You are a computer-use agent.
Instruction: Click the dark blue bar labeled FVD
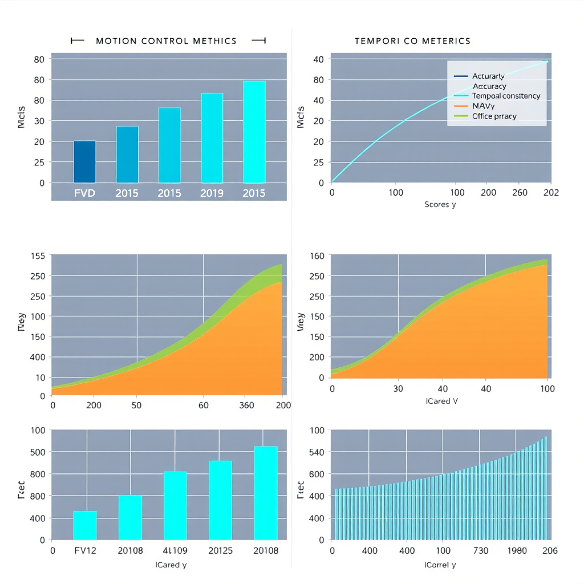(84, 161)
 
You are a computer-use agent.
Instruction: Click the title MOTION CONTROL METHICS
(166, 41)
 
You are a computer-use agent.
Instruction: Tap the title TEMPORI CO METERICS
(412, 41)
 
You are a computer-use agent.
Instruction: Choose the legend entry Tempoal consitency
(498, 96)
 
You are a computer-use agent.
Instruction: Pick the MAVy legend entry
(483, 106)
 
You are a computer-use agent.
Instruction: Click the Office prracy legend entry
(494, 116)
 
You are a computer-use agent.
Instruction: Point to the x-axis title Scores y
(440, 205)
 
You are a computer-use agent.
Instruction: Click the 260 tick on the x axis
(520, 193)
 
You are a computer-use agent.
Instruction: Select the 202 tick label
(551, 193)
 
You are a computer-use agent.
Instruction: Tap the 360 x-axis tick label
(247, 405)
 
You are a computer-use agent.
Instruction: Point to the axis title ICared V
(441, 401)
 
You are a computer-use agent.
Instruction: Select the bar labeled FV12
(84, 525)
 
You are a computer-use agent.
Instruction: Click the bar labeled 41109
(175, 505)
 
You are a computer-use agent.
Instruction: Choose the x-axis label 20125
(220, 551)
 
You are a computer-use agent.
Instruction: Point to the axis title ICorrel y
(440, 565)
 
